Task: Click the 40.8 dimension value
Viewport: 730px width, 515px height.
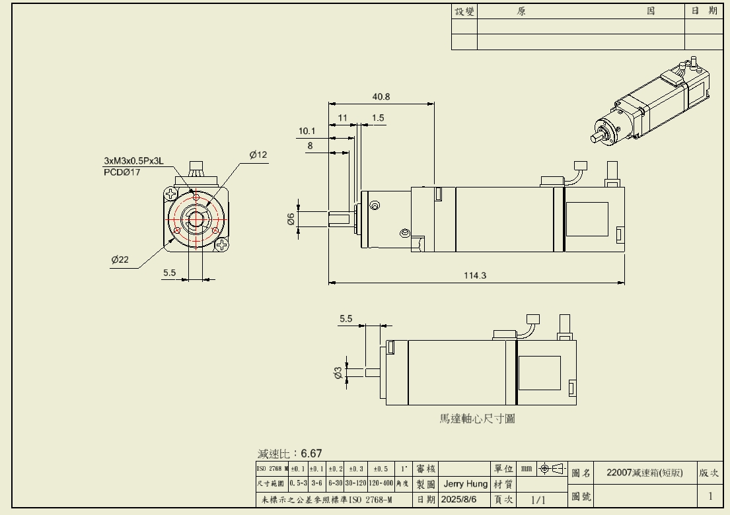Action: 381,96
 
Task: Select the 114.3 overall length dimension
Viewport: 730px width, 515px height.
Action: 474,275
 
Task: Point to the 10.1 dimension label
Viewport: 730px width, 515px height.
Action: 307,131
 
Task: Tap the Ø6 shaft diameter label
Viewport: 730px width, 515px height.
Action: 291,219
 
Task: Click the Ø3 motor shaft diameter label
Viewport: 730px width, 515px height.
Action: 338,374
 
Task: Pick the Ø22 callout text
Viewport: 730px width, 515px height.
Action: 120,259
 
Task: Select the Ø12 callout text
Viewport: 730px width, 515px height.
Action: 258,154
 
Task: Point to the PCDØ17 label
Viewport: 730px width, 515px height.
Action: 122,172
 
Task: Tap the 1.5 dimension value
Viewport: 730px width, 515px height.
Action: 378,118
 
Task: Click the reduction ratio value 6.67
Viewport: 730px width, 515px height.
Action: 311,453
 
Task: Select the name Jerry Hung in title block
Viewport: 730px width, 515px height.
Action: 465,484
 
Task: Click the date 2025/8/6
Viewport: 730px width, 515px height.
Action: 458,500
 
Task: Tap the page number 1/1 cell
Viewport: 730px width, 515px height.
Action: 539,500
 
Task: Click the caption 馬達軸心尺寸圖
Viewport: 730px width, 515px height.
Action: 476,419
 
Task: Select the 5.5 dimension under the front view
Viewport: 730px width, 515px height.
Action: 169,273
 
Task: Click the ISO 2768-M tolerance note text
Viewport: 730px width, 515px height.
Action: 324,500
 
